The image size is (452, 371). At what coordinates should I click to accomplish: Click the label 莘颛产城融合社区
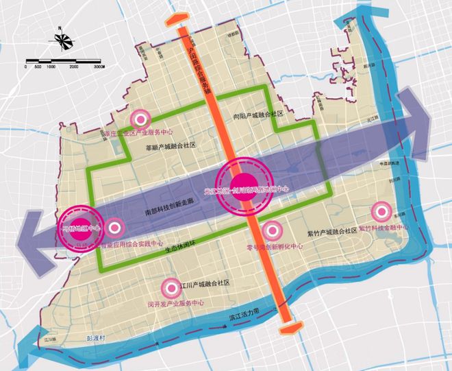171,146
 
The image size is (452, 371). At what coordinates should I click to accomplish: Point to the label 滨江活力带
247,312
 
